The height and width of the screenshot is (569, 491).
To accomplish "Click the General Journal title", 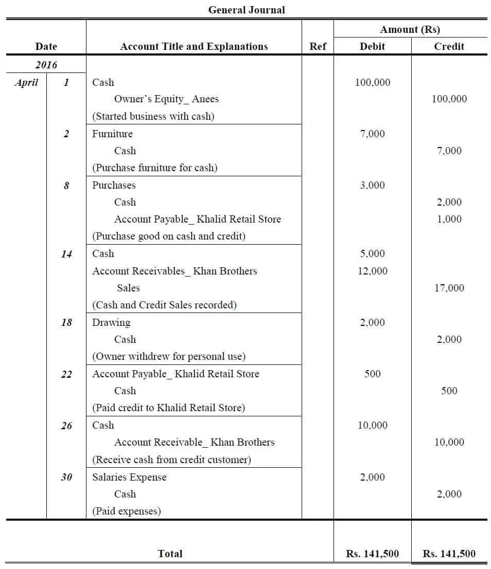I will click(246, 10).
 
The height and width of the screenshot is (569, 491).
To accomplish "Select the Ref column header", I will click(318, 46).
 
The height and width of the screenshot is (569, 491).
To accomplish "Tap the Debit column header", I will click(372, 46).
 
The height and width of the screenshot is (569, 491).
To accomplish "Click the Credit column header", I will click(449, 46).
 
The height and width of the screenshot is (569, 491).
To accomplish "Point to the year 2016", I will click(46, 65).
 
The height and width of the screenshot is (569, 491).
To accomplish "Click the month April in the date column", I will click(26, 82).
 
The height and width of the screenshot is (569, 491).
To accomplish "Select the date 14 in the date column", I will click(66, 254).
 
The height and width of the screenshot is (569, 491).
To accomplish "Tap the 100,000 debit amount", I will click(373, 82).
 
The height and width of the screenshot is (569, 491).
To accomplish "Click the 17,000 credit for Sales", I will click(449, 288).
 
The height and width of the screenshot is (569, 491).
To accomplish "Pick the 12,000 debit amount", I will click(373, 271).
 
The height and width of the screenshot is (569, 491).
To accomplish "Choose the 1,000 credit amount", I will click(449, 219).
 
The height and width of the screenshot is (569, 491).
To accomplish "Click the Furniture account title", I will click(112, 134).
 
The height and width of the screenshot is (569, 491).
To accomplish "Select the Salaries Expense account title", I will click(129, 477).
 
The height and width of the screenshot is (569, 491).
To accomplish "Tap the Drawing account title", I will click(111, 322).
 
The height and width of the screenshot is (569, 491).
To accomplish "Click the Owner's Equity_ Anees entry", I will click(166, 99).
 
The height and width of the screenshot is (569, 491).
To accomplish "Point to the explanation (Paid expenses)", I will click(126, 511).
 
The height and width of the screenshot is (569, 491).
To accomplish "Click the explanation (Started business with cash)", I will click(153, 116).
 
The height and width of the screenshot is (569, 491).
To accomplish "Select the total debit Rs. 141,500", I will click(372, 554).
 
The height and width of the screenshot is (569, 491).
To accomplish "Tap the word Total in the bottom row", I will click(170, 554).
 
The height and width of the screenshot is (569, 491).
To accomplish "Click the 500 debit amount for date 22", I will click(373, 374).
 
